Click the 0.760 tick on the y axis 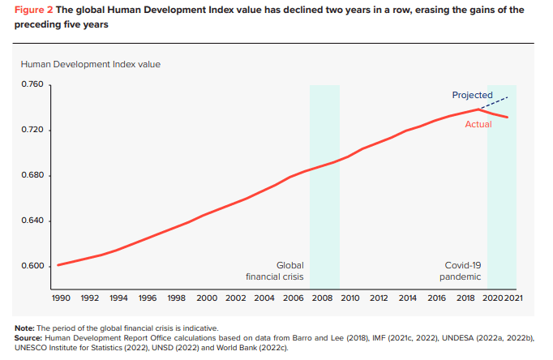point(32,85)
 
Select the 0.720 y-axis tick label point(32,131)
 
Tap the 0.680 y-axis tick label point(32,176)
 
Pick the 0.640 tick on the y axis point(32,221)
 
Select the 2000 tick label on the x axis point(206,298)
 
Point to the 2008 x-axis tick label point(321,298)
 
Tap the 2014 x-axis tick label point(407,298)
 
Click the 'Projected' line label point(472,96)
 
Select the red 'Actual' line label point(478,124)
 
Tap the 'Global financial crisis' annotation point(276,271)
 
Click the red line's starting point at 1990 point(57,265)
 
